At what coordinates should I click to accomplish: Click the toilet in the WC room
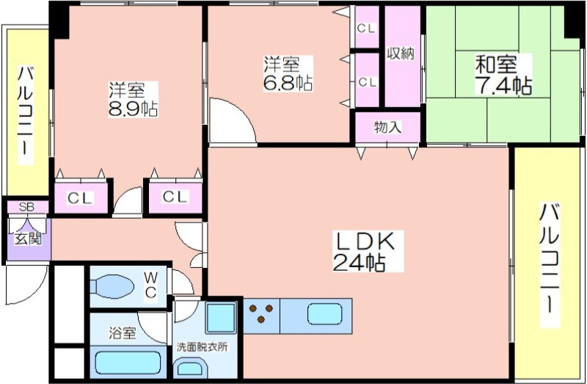(112, 286)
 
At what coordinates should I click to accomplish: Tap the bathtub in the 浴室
(128, 363)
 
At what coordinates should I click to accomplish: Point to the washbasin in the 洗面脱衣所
(191, 369)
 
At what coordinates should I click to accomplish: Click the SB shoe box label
(26, 207)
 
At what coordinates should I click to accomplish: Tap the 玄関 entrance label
(27, 239)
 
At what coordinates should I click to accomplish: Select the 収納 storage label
(401, 54)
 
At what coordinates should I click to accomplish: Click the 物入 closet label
(388, 127)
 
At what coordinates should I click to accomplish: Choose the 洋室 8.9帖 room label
(133, 99)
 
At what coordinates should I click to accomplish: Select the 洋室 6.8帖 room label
(288, 73)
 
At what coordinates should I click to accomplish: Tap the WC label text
(151, 285)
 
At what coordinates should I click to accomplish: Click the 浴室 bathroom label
(123, 333)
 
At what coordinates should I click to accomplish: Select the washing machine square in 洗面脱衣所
(221, 318)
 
